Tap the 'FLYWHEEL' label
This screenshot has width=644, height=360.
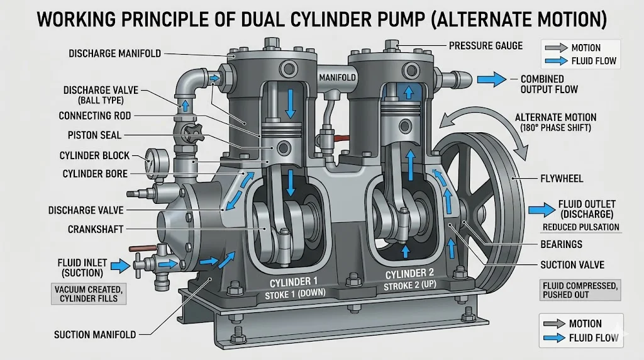click(x=561, y=179)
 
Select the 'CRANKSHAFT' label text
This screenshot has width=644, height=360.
click(x=96, y=230)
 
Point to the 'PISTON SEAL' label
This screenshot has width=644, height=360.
click(x=95, y=135)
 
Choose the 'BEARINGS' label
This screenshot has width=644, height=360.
click(x=561, y=244)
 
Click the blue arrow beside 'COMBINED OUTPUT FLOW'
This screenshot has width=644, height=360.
click(x=492, y=79)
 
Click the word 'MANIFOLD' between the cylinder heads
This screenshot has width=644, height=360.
click(x=338, y=77)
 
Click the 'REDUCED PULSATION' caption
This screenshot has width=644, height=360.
click(x=580, y=227)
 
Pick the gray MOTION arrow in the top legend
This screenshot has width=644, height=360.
click(x=556, y=48)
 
